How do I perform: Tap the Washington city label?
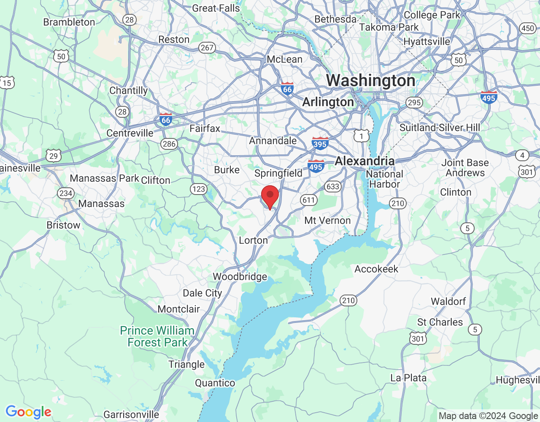click(370, 81)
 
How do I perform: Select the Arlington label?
click(328, 102)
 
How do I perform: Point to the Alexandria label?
click(364, 161)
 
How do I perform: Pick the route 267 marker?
click(207, 48)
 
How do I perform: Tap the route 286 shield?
click(169, 144)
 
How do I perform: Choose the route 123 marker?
click(198, 189)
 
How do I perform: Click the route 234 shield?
click(66, 193)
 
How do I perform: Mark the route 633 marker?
click(332, 187)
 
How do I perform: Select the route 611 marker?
click(309, 200)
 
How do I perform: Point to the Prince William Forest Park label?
click(157, 336)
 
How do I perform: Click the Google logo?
click(29, 412)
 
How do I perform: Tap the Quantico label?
click(215, 383)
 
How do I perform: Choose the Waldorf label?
click(448, 301)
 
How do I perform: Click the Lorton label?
click(253, 241)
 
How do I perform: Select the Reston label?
click(174, 39)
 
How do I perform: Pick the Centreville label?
click(130, 133)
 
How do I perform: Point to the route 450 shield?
click(527, 28)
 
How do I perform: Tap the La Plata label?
click(408, 378)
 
